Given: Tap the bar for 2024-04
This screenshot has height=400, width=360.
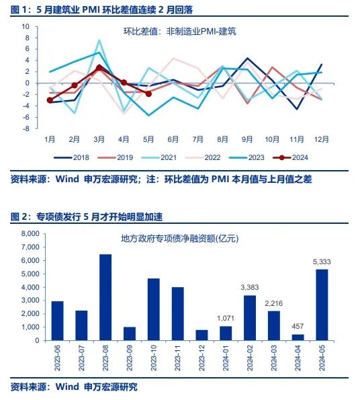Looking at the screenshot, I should click(298, 337).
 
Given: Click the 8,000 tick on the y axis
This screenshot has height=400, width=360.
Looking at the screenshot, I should click(31, 234).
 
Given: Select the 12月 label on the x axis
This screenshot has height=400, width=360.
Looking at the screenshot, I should click(322, 139).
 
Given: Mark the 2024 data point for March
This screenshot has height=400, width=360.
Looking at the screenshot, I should click(99, 68).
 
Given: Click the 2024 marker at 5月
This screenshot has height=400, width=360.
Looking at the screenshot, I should click(148, 94).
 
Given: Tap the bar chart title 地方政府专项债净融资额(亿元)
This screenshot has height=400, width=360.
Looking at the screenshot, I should click(179, 238).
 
